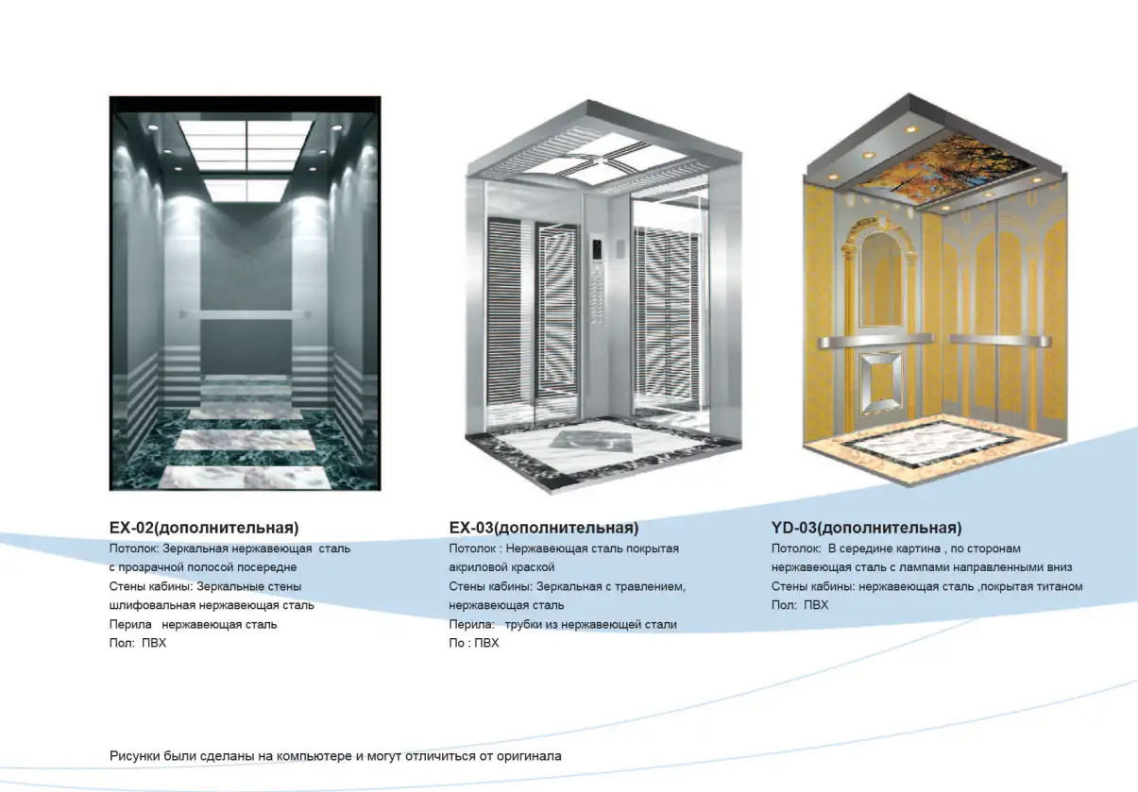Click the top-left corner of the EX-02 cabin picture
(x=110, y=96)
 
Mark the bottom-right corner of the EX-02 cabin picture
(x=381, y=491)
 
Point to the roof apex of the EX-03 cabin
(x=588, y=100)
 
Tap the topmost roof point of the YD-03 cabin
(x=909, y=93)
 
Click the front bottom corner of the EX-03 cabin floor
(x=553, y=493)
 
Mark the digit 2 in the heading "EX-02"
(x=148, y=528)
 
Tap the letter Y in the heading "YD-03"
(x=777, y=528)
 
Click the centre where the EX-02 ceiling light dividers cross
(x=246, y=150)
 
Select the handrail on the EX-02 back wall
(x=245, y=315)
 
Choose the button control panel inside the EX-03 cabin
(x=598, y=278)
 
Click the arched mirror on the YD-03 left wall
(x=882, y=278)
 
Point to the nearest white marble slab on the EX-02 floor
(x=245, y=478)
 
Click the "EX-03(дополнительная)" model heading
(x=544, y=528)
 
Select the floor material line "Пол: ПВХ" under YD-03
(x=800, y=605)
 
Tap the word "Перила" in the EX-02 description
(x=130, y=625)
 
